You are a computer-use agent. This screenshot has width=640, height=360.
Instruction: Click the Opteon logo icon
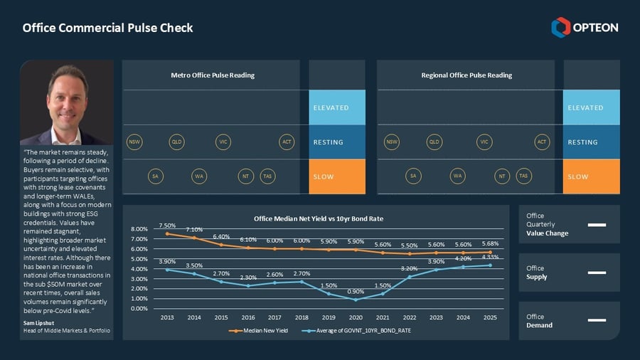(560, 27)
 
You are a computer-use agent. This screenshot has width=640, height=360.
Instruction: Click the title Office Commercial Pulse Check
(107, 28)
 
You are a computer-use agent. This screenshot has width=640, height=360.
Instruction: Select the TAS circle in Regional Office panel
(523, 176)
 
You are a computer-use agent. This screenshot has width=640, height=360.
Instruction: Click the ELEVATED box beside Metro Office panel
(337, 107)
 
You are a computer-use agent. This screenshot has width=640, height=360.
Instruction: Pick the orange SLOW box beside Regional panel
(591, 176)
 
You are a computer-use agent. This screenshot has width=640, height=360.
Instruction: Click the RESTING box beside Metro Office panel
(337, 142)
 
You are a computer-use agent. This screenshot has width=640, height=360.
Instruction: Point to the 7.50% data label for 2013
(167, 225)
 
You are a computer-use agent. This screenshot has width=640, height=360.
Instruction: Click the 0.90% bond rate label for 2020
(356, 292)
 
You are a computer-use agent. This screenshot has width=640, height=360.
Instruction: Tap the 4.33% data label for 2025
(490, 257)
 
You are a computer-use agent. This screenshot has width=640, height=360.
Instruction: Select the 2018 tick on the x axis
(302, 318)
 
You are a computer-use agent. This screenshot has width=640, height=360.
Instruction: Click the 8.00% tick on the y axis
(139, 229)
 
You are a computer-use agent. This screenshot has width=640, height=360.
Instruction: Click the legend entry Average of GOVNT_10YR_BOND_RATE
(360, 331)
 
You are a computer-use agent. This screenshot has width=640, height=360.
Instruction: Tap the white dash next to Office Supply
(597, 272)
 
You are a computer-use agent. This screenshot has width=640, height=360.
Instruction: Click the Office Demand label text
(535, 321)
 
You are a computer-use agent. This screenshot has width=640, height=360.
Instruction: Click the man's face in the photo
(68, 92)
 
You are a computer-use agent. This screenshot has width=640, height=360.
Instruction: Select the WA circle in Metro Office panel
(199, 176)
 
